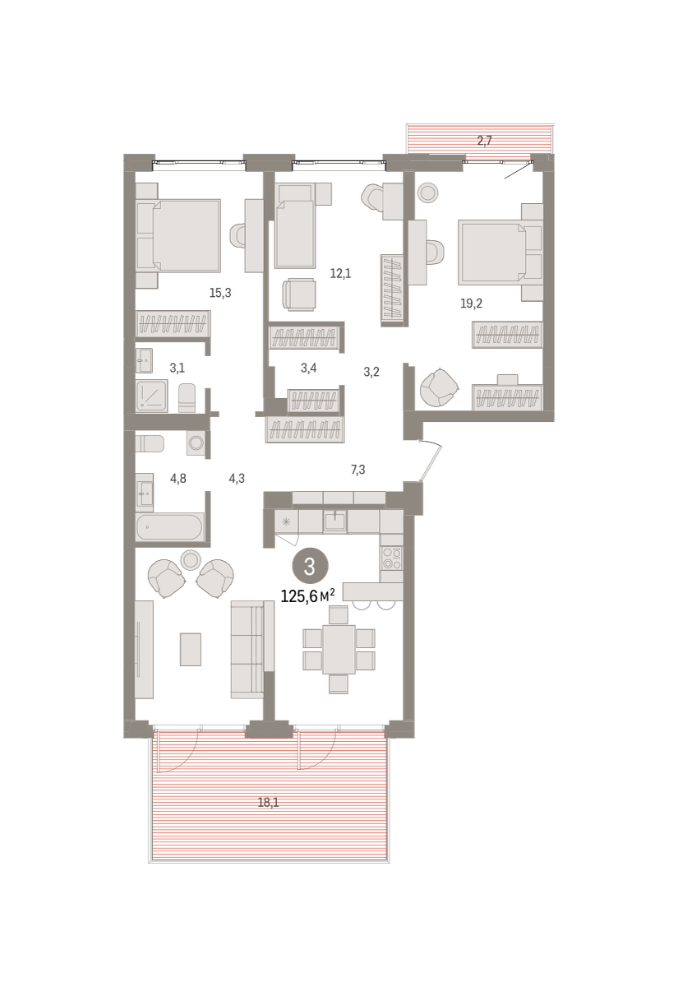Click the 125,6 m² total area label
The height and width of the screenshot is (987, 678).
point(308,596)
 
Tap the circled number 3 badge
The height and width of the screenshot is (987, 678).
point(310,567)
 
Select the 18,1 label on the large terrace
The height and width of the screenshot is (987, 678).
point(268,803)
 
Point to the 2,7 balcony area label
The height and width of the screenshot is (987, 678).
point(484,141)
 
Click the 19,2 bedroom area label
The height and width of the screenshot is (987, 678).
point(471,304)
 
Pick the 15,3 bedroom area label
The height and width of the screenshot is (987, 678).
point(220,293)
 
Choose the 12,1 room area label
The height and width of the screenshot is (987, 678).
point(341,274)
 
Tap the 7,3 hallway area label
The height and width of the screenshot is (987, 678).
point(358,470)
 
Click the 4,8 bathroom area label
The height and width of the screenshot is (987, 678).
point(178,478)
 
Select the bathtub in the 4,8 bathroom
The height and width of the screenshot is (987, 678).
point(170,527)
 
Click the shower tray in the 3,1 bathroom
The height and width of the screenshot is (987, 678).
point(152,396)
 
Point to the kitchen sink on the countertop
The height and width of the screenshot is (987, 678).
point(335,521)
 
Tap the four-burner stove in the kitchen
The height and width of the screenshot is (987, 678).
point(391,558)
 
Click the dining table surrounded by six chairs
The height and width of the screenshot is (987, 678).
point(339,649)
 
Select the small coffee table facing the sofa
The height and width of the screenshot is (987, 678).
point(191,650)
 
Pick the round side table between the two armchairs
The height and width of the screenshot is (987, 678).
point(191,559)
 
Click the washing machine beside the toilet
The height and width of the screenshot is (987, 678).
point(196,443)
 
